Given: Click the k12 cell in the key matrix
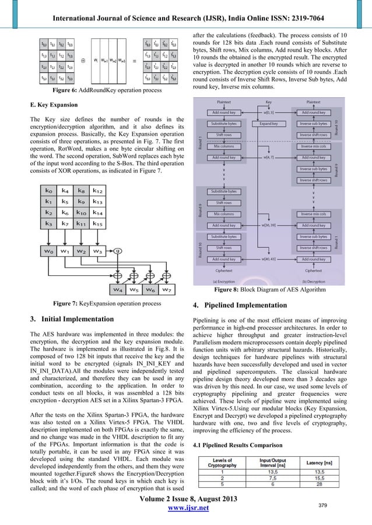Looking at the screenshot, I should [x=98, y=190].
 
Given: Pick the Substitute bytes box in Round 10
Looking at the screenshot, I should [x=224, y=237].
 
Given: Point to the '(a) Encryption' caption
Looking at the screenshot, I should [x=224, y=282].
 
